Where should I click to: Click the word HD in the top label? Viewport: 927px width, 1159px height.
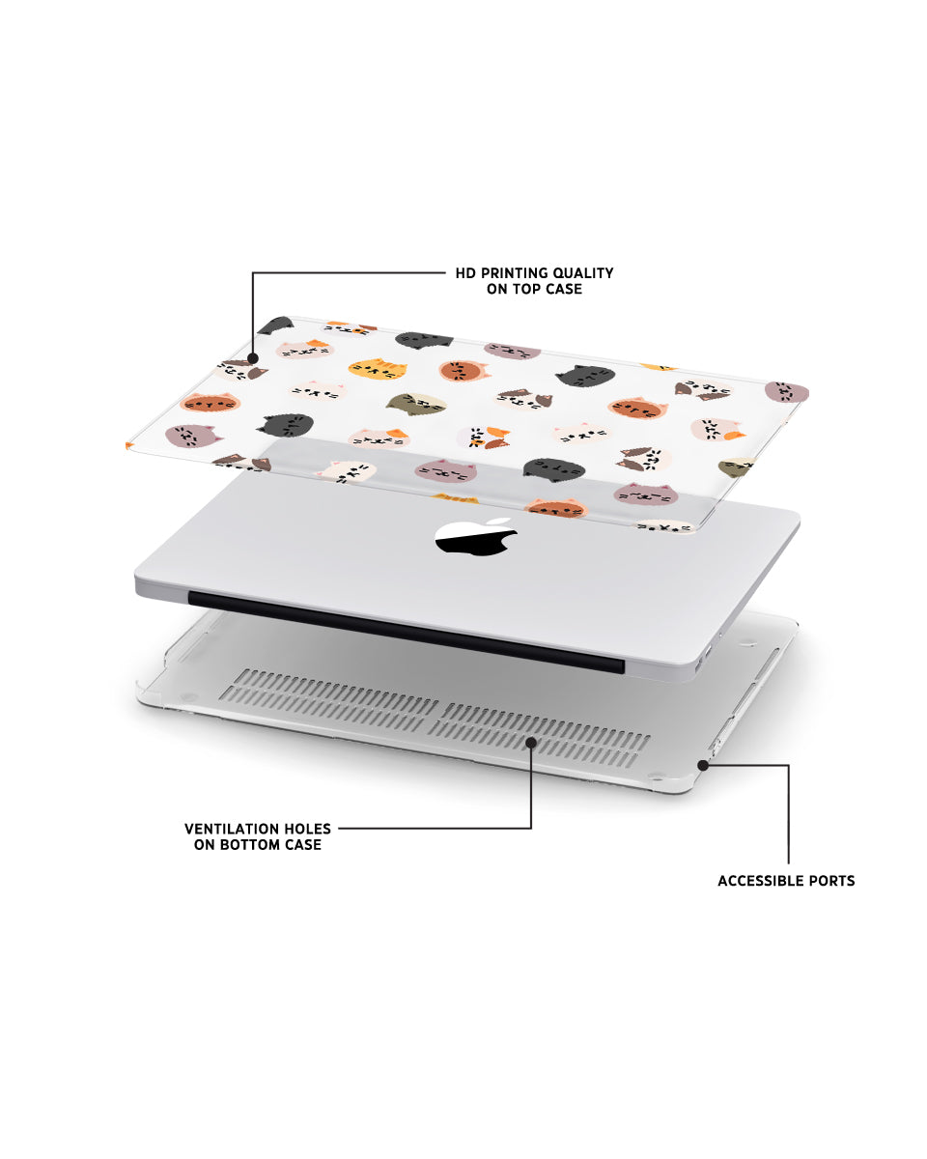click(x=464, y=273)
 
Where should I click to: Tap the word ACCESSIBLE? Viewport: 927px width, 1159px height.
click(x=762, y=881)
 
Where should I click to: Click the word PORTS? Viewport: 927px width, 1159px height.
click(x=833, y=881)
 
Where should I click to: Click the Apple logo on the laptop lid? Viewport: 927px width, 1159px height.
click(x=476, y=535)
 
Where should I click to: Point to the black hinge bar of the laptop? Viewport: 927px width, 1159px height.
click(x=407, y=632)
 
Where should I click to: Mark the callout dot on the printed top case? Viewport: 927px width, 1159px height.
click(x=253, y=358)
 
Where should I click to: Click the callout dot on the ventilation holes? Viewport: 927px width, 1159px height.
click(x=531, y=743)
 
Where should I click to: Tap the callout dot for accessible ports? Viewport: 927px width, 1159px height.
click(x=703, y=765)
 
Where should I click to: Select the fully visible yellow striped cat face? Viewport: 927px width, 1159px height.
click(x=378, y=369)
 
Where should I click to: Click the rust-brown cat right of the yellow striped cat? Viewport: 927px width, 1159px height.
click(x=463, y=371)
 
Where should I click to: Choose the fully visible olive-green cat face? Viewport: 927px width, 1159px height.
click(x=416, y=405)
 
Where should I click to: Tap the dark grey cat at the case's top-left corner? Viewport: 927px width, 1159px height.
click(x=276, y=325)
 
